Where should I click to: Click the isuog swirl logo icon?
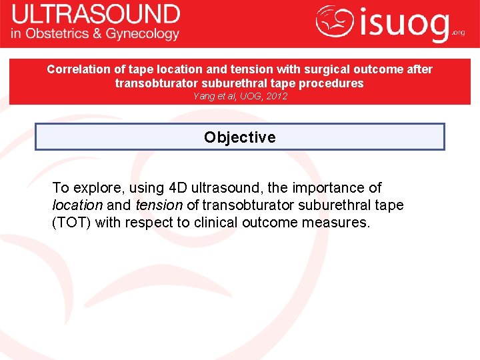(335, 23)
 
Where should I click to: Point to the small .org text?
(458, 31)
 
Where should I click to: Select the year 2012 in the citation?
(275, 97)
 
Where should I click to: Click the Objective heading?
(239, 137)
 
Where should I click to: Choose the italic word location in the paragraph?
(77, 205)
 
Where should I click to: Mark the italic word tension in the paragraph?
(159, 205)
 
